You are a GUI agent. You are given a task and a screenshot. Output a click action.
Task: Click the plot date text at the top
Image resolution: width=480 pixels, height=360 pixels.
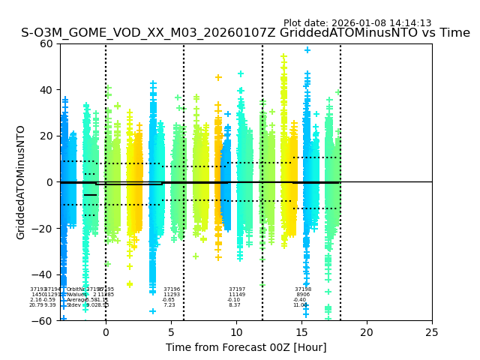point(357,23)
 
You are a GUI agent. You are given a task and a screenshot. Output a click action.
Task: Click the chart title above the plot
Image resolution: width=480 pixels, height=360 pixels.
point(245,33)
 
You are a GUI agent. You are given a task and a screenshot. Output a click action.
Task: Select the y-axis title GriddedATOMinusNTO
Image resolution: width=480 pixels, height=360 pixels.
point(21,182)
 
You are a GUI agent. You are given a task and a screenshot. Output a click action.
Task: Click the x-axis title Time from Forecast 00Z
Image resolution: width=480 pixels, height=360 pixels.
point(246,347)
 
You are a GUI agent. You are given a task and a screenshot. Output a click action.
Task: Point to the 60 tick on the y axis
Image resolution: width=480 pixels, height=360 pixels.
point(46,43)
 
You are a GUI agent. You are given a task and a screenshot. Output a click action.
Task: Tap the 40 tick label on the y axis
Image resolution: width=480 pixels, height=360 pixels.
point(46,90)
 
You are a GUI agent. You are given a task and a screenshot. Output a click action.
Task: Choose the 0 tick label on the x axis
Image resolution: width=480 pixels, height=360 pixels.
point(106,331)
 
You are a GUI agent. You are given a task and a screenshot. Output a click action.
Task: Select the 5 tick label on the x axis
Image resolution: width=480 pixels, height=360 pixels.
point(171,331)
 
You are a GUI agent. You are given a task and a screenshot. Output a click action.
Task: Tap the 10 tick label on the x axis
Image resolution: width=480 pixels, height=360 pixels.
point(236,331)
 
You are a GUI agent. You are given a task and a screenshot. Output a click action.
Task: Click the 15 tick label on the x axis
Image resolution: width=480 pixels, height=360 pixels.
point(301,331)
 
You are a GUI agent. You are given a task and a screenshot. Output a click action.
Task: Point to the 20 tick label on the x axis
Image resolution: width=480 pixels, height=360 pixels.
point(367,331)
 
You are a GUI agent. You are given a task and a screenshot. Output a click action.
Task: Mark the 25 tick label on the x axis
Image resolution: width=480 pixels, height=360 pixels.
point(432,331)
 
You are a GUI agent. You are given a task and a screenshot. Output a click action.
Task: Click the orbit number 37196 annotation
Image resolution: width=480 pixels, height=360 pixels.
point(172,289)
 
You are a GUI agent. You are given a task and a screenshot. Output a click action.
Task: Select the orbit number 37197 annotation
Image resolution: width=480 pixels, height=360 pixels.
point(237,289)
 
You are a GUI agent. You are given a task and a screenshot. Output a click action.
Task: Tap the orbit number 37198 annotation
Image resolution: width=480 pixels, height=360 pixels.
point(303,289)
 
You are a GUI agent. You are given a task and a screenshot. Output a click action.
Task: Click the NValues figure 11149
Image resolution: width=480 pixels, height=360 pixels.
point(237,295)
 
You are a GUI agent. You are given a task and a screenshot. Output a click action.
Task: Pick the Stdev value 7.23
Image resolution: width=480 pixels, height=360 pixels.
point(169,305)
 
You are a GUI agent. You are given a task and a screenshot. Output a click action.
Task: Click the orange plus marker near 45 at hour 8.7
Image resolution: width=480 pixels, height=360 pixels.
point(219,77)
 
